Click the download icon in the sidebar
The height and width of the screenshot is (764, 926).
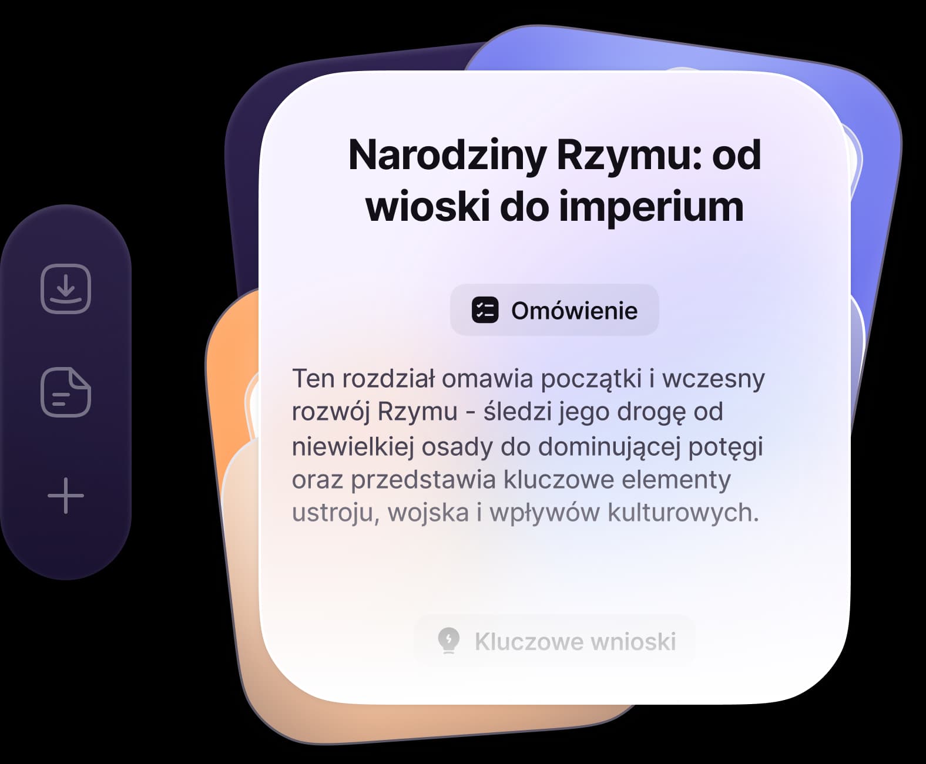(66, 288)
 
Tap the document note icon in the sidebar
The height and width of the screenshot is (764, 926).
(66, 392)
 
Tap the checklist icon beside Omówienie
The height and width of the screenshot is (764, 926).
(485, 309)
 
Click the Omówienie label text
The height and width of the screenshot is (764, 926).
(574, 310)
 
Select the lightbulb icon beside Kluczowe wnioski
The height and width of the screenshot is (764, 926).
(449, 641)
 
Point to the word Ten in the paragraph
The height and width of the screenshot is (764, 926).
(313, 379)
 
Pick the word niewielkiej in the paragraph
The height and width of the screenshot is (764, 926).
(353, 447)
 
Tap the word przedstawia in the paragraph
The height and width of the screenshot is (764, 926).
(423, 480)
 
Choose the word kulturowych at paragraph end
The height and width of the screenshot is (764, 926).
(683, 513)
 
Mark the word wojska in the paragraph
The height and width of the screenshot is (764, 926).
(428, 513)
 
